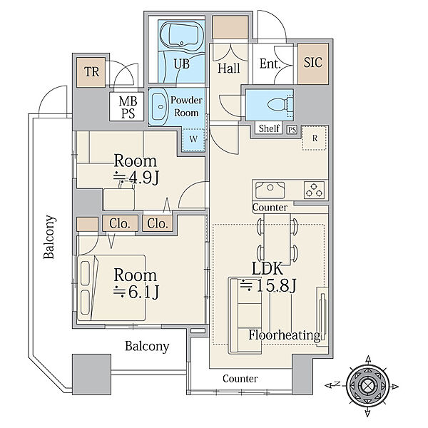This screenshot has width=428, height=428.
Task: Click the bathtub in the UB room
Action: (181, 37)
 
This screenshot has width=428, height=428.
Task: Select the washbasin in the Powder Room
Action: (160, 107)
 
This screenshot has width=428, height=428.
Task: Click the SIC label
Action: (313, 63)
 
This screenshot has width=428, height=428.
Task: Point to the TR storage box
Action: (91, 72)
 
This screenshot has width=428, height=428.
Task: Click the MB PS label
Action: (128, 107)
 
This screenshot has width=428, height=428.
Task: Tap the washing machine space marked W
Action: (193, 139)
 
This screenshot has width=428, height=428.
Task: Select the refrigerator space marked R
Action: (315, 138)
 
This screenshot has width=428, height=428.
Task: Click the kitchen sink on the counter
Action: (270, 190)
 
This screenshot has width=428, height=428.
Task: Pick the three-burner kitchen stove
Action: (314, 190)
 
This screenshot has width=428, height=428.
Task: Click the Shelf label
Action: (269, 128)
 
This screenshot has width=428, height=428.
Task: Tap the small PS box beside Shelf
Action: (292, 130)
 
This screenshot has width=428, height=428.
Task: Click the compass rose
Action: (367, 386)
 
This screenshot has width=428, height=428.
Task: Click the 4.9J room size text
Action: (136, 178)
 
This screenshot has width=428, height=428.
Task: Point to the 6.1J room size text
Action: (136, 292)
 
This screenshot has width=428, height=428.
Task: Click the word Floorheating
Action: (285, 335)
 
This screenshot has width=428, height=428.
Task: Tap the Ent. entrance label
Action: (270, 64)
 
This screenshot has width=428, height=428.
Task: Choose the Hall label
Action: (229, 68)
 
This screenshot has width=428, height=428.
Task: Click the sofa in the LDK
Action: (245, 315)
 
